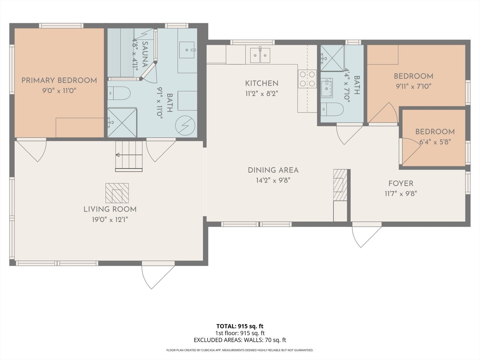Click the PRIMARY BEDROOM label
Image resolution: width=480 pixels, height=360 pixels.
[59, 80]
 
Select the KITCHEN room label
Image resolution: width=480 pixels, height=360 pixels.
[262, 83]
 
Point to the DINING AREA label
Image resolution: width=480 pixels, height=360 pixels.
[273, 170]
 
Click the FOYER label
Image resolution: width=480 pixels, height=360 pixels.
[401, 183]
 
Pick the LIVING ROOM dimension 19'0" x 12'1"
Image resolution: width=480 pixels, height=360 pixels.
[110, 220]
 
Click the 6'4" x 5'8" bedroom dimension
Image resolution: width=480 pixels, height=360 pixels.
[435, 142]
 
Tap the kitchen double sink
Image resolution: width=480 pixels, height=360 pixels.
[260, 55]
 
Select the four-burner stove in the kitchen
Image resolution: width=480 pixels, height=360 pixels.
[307, 79]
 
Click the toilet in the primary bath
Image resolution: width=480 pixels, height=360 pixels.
[119, 93]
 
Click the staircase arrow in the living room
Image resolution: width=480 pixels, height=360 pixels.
[129, 155]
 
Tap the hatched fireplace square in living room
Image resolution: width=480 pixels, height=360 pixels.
[117, 193]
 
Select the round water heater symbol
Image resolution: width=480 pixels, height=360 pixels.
[185, 125]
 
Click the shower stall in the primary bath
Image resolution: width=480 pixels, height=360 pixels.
[122, 122]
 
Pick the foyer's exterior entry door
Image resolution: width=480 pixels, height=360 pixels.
[367, 235]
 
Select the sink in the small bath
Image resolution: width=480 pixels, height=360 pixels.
[327, 87]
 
